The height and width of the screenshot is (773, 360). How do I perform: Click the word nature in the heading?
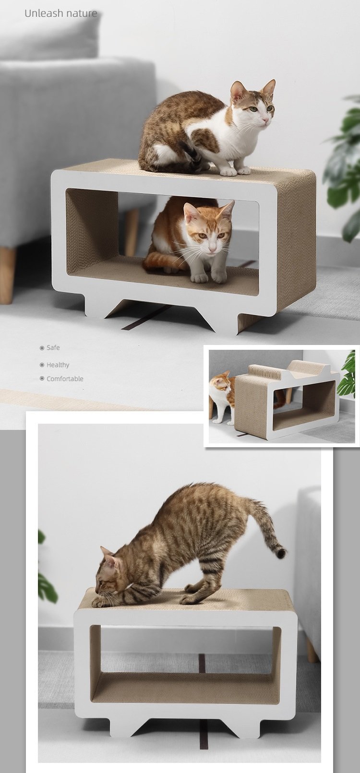[x=82, y=14]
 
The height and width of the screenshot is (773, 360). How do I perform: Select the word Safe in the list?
[x=53, y=347]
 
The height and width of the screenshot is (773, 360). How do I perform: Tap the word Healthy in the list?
[x=58, y=365]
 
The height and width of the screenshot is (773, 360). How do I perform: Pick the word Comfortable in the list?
[x=65, y=379]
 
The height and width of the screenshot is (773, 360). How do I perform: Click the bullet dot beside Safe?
[x=42, y=348]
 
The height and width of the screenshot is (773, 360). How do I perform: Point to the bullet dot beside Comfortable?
[x=42, y=379]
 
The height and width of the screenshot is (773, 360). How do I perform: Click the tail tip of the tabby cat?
[x=281, y=553]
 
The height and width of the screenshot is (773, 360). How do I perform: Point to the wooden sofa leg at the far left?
[x=7, y=275]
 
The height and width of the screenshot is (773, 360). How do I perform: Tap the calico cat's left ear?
[x=238, y=91]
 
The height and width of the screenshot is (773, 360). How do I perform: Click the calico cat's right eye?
[x=253, y=109]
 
